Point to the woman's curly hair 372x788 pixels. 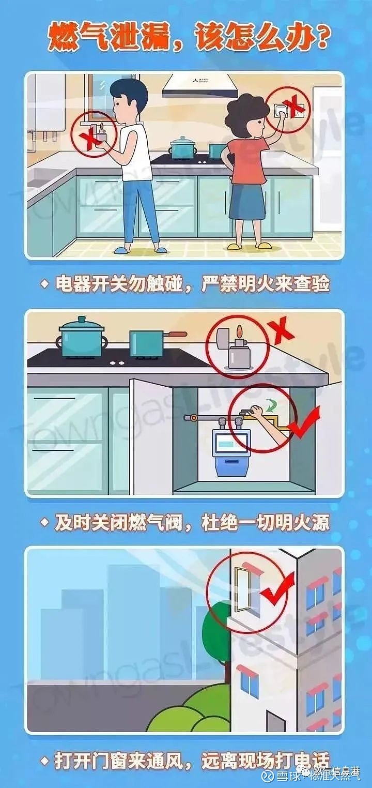tap(246, 116)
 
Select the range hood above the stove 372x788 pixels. tap(198, 85)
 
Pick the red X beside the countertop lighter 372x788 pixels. tap(283, 330)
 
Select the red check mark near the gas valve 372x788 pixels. tap(304, 422)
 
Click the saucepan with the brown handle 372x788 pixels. tap(150, 343)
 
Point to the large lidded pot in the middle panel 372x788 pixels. tap(82, 338)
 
